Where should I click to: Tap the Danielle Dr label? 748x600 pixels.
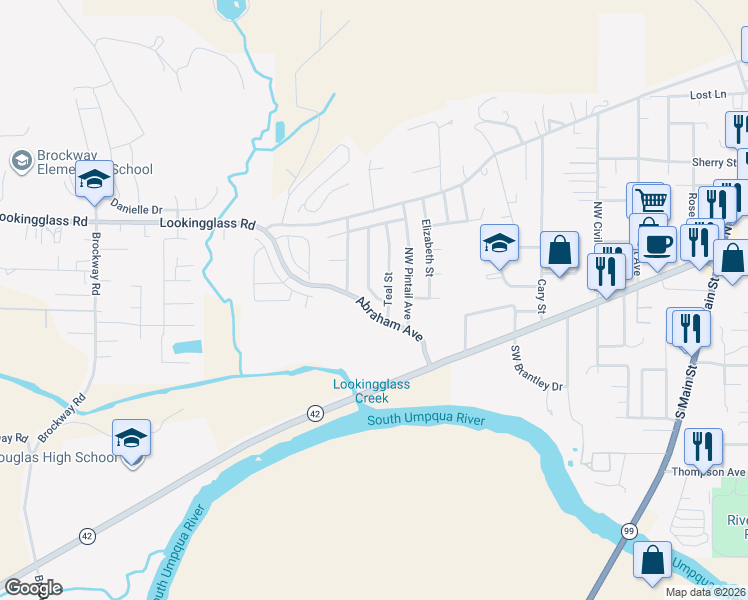point(135,209)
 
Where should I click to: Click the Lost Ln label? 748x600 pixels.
point(708,95)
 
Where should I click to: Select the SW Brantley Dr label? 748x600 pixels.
point(537,369)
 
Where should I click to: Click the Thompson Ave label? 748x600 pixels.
point(709,472)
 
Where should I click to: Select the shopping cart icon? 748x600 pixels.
point(648,199)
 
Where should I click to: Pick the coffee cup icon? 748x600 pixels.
point(657,244)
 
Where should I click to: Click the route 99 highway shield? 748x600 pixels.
point(627,529)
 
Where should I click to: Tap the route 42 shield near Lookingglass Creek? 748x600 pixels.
point(315,412)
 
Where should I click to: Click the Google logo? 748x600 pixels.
point(33,588)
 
